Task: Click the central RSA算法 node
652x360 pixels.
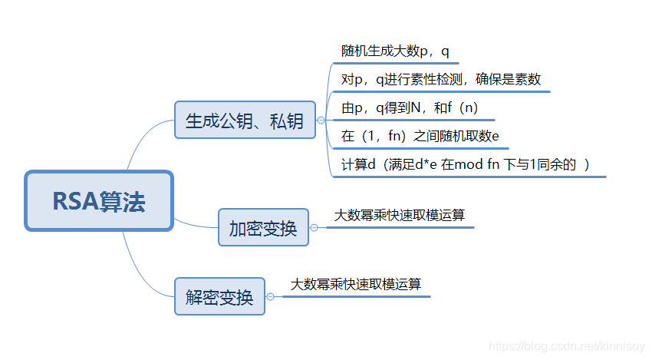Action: tap(99, 201)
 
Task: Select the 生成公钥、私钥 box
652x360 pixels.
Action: tap(245, 120)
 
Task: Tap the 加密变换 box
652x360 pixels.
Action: tap(263, 227)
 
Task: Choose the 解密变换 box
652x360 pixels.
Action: tap(219, 296)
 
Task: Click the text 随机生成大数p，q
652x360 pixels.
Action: tap(395, 51)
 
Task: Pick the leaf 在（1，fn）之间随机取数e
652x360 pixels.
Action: tap(420, 137)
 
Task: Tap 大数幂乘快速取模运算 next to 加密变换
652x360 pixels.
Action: tap(399, 216)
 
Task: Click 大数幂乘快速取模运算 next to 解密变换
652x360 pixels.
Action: tap(355, 284)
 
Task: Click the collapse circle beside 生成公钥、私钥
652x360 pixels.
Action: tap(321, 120)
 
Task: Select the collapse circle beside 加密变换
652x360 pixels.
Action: tap(314, 227)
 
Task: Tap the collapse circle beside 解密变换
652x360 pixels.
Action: tap(270, 296)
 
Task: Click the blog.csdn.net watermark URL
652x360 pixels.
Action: tap(566, 347)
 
